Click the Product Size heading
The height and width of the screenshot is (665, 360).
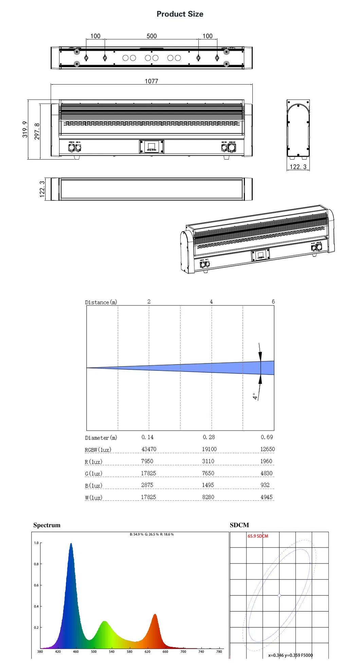point(180,14)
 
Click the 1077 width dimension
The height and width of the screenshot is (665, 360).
point(151,81)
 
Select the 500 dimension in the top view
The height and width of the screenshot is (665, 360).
point(151,36)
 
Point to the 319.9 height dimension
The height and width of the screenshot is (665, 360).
point(25,129)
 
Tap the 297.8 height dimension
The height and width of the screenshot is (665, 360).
point(37,131)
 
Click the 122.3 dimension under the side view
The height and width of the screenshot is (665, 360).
point(298,167)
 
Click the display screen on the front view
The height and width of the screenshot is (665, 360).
point(151,147)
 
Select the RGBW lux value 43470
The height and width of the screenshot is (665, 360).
point(149,449)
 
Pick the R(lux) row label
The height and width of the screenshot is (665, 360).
point(93,462)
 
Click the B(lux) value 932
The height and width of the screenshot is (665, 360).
point(265,485)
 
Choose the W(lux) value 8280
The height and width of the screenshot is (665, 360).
point(208,497)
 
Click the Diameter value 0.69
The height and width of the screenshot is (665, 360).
point(267,437)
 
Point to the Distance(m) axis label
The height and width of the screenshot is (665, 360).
point(101,302)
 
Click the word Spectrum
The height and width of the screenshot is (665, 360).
point(47,525)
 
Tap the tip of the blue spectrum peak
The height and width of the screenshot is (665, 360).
point(71,543)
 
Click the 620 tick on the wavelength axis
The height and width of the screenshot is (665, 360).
point(147,651)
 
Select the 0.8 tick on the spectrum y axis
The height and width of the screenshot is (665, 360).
point(36,564)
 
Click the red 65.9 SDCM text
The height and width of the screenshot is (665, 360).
point(258,536)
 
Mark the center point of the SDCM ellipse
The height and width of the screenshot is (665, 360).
point(280,595)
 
